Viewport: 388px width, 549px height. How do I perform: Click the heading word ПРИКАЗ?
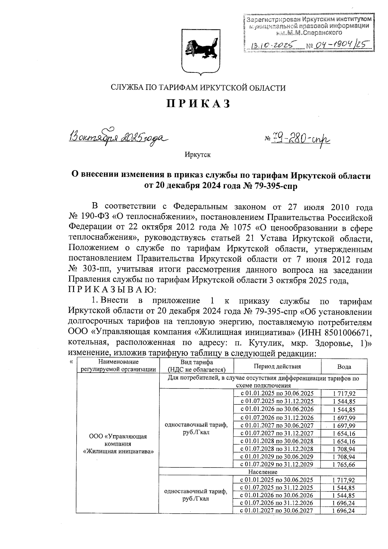198,104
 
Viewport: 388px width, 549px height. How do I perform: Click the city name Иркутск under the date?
198,155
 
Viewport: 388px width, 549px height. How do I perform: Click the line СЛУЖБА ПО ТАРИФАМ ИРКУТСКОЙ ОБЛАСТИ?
198,88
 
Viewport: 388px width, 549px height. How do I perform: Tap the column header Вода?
344,367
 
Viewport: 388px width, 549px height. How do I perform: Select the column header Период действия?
277,366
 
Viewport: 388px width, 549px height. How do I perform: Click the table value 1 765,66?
344,465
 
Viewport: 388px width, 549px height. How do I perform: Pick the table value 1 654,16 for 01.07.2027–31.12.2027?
344,433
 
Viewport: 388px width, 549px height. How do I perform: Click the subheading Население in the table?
263,472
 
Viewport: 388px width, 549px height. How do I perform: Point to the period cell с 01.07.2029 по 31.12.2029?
277,465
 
